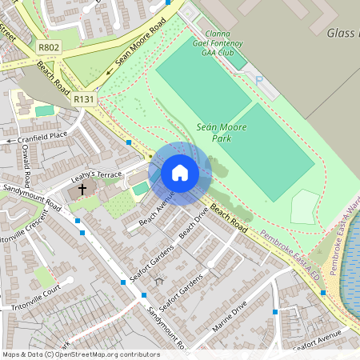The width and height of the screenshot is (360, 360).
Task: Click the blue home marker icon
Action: (x=180, y=173)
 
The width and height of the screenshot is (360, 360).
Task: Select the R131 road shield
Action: (x=83, y=98)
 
